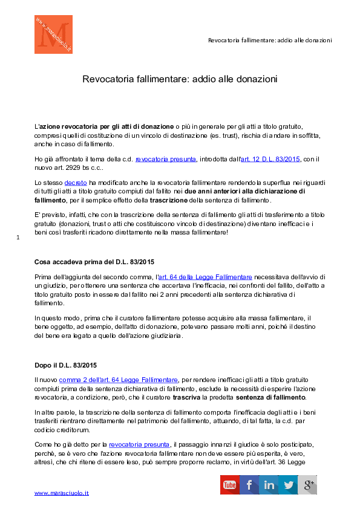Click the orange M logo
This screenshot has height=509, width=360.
(53, 34)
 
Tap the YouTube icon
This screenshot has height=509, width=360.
(230, 485)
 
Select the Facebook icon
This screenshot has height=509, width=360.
(249, 485)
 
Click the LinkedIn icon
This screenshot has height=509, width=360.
(269, 485)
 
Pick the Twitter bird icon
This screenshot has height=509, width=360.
(288, 485)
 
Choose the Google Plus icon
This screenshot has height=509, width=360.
(307, 485)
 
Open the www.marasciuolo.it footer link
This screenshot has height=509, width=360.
(61, 493)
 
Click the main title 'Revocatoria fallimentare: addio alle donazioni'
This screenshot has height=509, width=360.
(180, 79)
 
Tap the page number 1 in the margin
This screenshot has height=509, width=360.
(18, 238)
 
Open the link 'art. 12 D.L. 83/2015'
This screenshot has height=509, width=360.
(270, 159)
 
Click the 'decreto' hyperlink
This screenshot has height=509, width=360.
(76, 183)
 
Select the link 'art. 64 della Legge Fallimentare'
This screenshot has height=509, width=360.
(205, 277)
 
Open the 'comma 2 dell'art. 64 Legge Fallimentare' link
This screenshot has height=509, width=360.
(118, 380)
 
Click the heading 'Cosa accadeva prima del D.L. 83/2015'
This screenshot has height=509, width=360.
(94, 262)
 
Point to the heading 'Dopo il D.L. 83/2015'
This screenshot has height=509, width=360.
(65, 365)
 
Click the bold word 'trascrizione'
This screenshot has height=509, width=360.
(169, 200)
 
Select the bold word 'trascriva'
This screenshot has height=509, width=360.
(186, 397)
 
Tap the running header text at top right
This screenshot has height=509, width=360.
(270, 41)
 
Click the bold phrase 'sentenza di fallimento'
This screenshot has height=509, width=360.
(270, 397)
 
